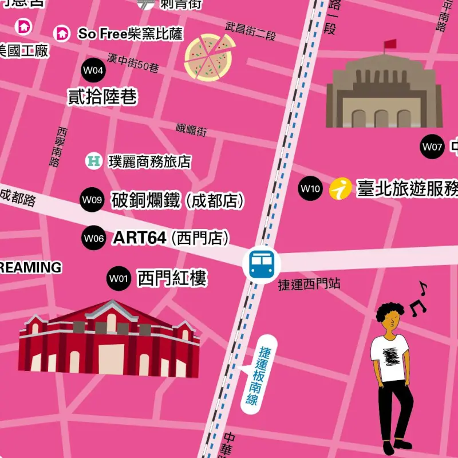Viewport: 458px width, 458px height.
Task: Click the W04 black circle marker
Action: coord(93,70)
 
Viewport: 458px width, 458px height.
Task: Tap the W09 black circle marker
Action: coord(92,200)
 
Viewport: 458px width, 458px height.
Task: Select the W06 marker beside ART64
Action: coord(93,238)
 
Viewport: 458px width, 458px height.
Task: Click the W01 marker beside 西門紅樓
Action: coord(119,279)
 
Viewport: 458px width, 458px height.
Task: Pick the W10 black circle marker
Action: coord(310,188)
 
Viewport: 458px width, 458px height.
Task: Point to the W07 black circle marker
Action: coord(432,147)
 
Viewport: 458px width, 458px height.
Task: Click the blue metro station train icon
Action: coord(261,263)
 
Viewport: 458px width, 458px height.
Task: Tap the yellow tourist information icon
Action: coord(341,188)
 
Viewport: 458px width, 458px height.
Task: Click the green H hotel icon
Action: coord(93,161)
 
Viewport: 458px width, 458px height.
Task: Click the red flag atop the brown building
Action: coord(390,44)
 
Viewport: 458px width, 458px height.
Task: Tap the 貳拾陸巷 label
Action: coord(103,97)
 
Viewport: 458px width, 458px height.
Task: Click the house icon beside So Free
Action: coord(61,33)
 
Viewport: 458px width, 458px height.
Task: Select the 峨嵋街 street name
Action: coord(191,131)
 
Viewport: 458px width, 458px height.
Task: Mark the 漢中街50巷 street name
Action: coord(133,62)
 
